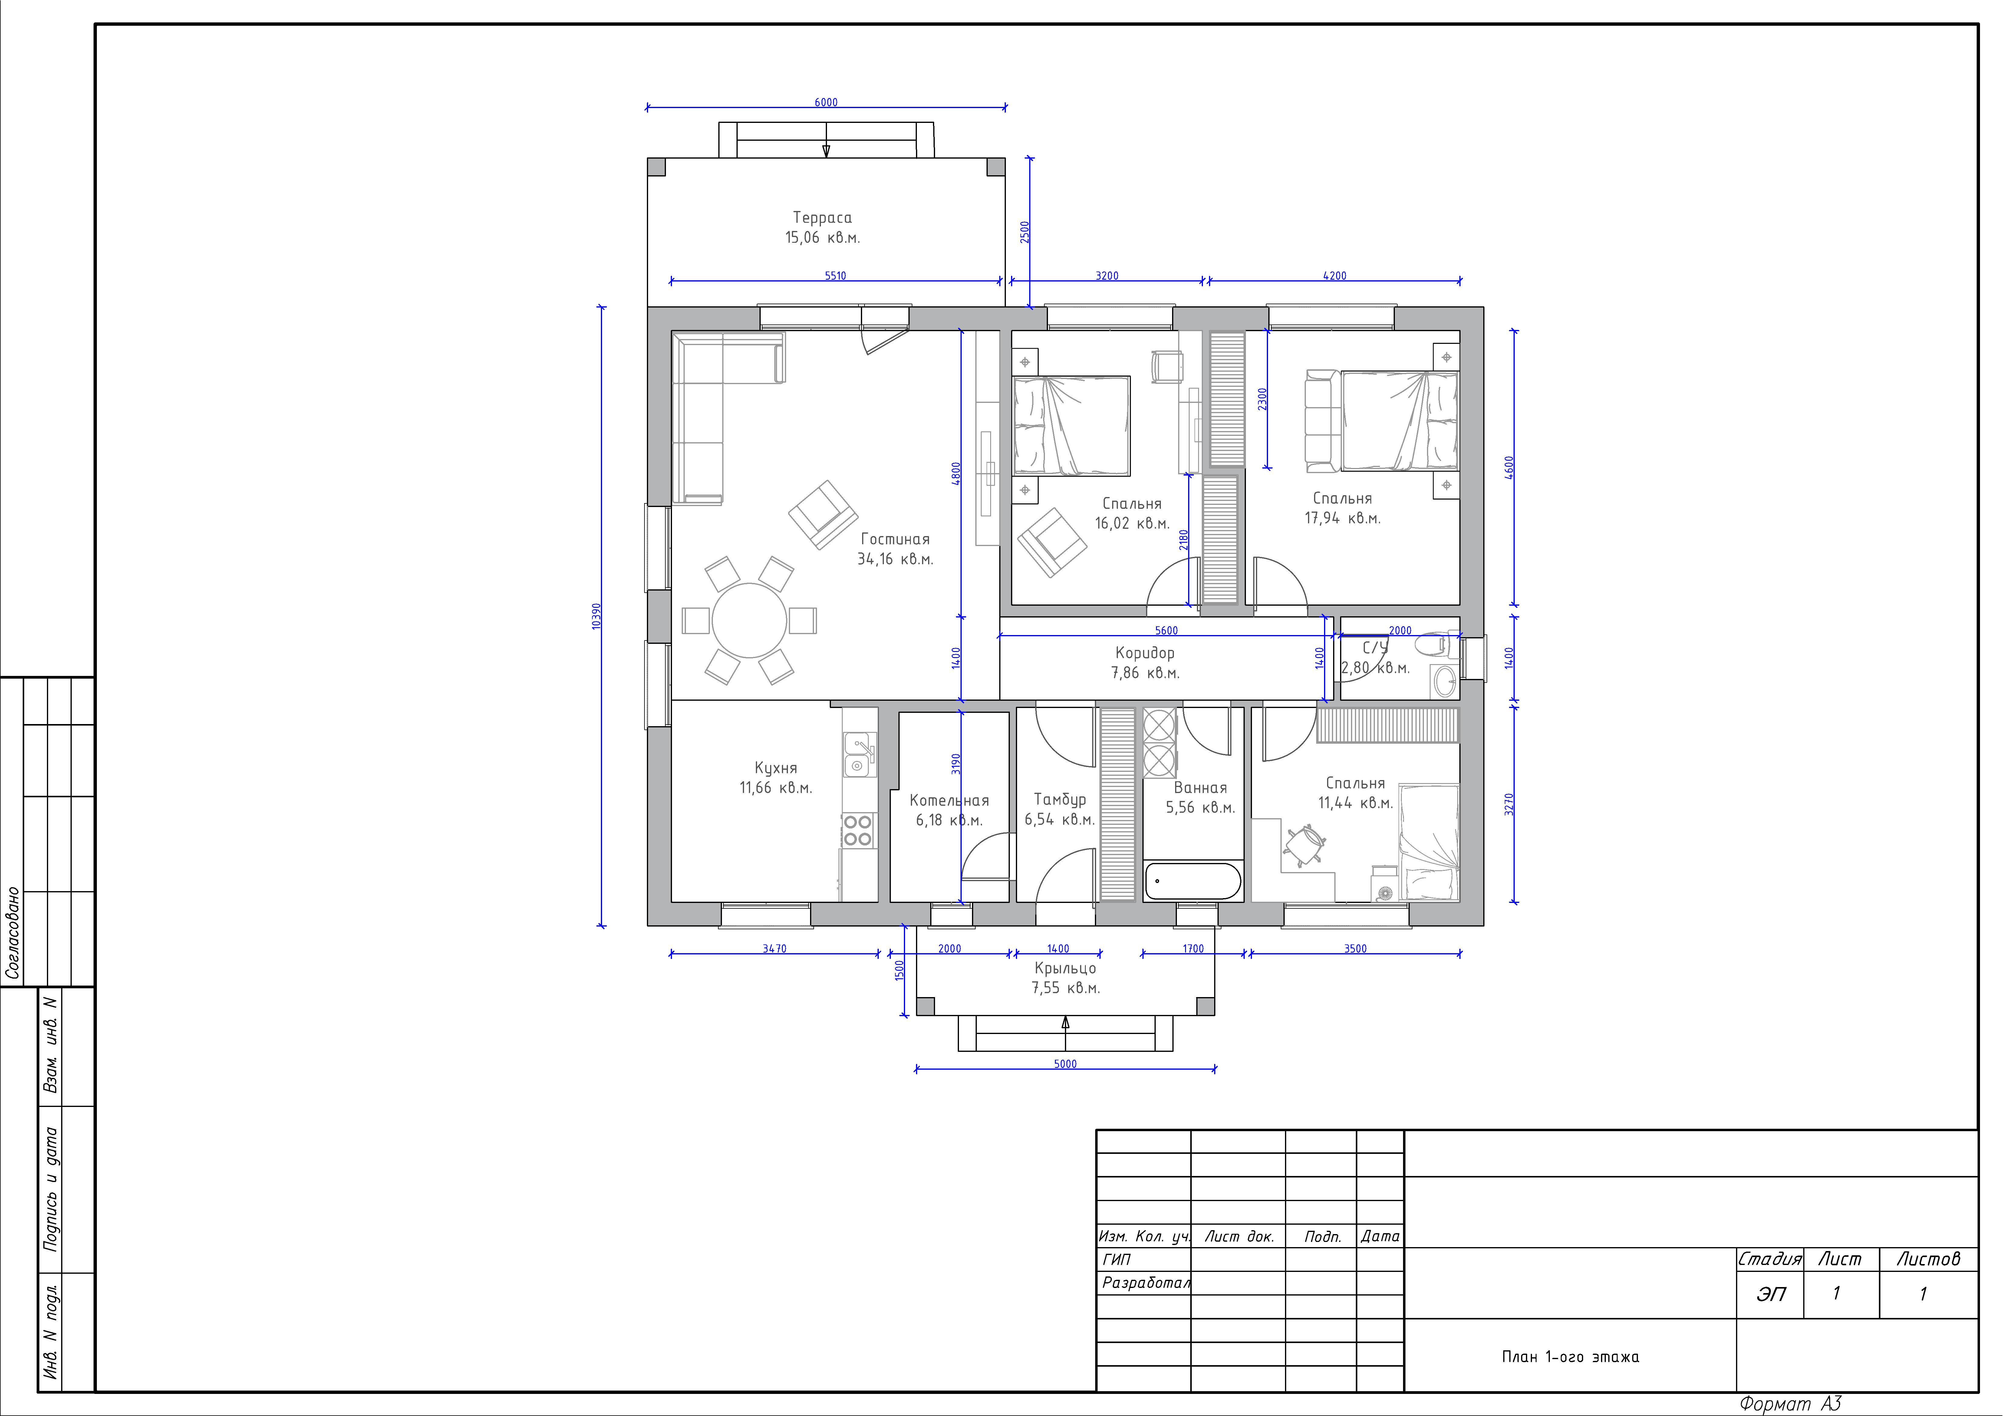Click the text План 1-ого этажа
[x=1570, y=1357]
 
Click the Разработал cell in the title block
[x=1145, y=1283]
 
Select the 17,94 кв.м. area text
[x=1342, y=518]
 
